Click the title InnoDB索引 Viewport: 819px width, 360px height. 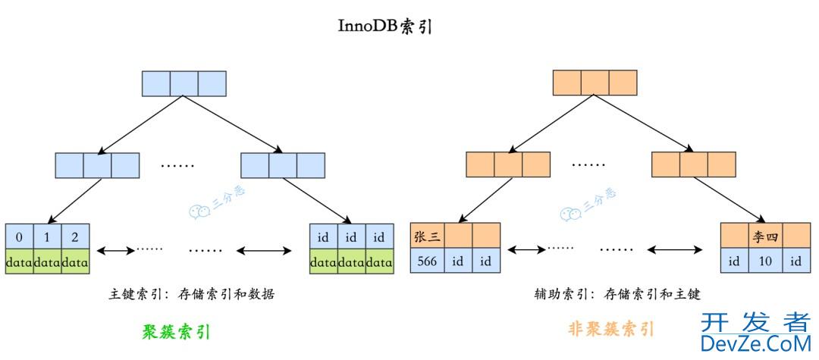pos(385,25)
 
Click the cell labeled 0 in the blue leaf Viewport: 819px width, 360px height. pos(18,236)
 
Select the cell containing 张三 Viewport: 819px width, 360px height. pos(427,236)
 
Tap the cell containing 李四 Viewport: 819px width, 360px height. pos(766,236)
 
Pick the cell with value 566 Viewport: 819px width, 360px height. pos(427,261)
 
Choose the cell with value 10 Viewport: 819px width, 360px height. pos(766,261)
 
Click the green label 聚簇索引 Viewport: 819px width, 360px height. pos(176,331)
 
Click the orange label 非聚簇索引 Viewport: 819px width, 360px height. pos(610,329)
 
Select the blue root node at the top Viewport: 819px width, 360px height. pos(184,83)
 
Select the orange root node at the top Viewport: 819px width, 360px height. pos(595,83)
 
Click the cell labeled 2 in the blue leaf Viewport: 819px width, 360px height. pos(75,236)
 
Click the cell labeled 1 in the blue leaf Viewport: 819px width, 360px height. pos(47,236)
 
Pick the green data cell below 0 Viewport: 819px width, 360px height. pos(18,261)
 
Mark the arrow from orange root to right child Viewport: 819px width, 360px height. pos(648,123)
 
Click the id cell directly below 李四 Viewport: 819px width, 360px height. pos(766,261)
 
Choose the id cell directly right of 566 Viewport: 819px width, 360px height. pos(459,261)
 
